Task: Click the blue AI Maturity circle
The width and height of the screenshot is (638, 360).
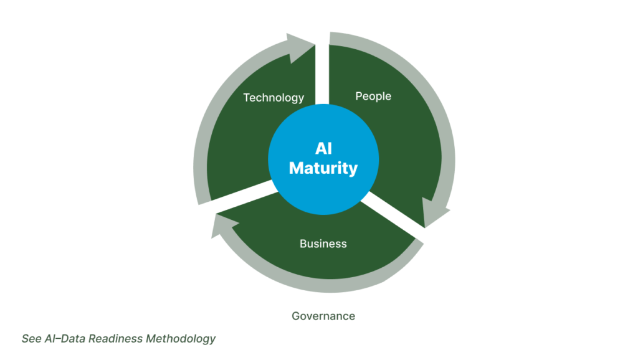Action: (x=323, y=158)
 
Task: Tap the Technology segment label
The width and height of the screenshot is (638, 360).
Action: (x=274, y=97)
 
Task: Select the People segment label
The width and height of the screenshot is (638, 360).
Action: (x=373, y=96)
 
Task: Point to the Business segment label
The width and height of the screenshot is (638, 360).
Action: (x=323, y=244)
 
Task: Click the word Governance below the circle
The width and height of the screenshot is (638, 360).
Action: (x=323, y=316)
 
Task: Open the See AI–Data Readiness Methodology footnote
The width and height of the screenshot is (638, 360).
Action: (x=118, y=339)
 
